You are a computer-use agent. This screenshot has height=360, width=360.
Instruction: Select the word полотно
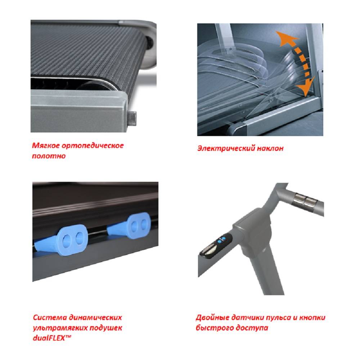click(x=49, y=156)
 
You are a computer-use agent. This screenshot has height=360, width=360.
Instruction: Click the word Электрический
click(x=226, y=148)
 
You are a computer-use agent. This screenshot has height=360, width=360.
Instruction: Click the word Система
click(x=50, y=318)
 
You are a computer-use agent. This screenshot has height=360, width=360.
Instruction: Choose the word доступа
click(x=252, y=328)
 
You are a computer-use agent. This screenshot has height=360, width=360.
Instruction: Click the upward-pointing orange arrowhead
click(x=286, y=38)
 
